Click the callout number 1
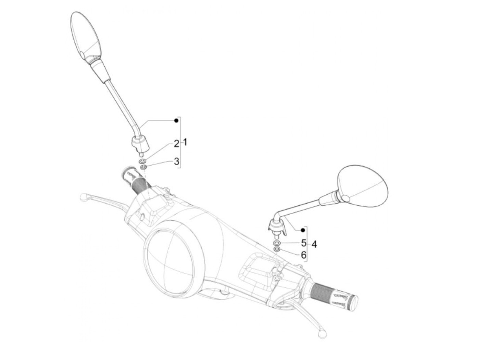[185, 143]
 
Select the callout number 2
[177, 144]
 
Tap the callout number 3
[177, 161]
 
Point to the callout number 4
[314, 244]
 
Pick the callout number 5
[303, 243]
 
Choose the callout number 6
[303, 255]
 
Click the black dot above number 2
[176, 120]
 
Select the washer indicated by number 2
[143, 161]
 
